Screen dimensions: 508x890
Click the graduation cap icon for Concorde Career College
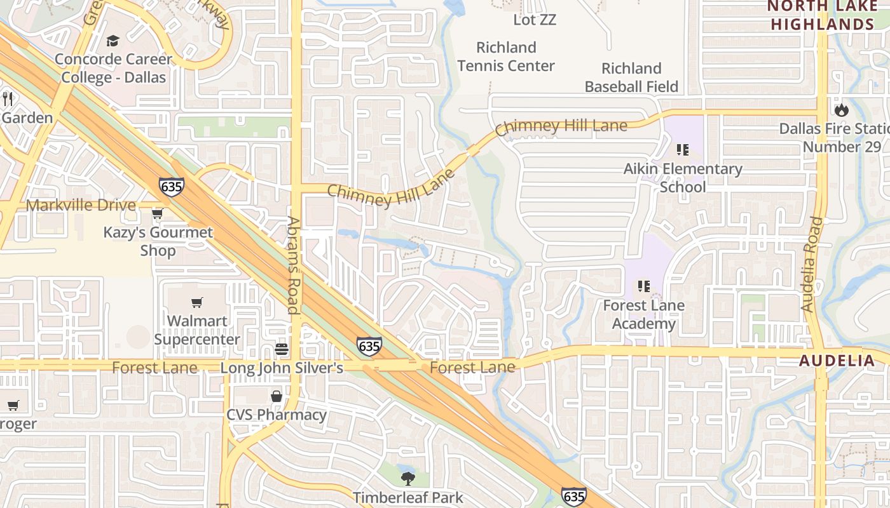(x=113, y=41)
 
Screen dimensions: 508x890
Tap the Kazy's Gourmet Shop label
(x=158, y=241)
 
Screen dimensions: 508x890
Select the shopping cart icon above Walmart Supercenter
(x=197, y=303)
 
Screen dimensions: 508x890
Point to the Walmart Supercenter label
(x=197, y=330)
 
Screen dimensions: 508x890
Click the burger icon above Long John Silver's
(x=282, y=349)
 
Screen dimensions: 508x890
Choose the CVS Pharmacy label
(x=277, y=415)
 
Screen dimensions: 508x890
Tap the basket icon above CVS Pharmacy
(x=277, y=396)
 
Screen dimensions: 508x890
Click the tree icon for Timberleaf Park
(x=407, y=478)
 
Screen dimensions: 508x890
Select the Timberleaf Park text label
(x=407, y=497)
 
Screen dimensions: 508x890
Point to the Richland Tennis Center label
(x=506, y=57)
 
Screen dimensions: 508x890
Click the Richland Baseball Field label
(x=631, y=77)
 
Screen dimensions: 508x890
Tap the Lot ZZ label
(x=535, y=20)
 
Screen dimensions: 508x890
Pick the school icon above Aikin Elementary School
(x=683, y=150)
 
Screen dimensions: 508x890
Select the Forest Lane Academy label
(x=643, y=314)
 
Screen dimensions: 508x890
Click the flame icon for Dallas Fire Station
(x=842, y=110)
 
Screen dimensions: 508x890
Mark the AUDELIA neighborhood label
(x=837, y=361)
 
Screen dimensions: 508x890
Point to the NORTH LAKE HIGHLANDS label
(x=821, y=16)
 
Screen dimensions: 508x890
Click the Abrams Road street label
(x=293, y=265)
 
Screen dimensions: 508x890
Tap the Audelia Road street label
(x=812, y=264)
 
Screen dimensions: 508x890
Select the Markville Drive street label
(x=81, y=205)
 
